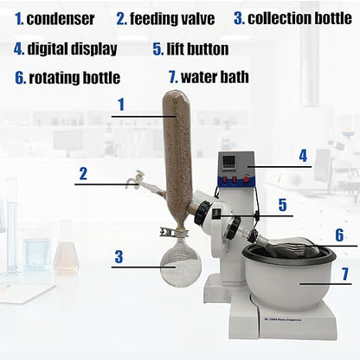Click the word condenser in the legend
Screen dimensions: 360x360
(60, 17)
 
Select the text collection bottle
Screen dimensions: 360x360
(303, 17)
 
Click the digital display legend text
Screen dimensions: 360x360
(71, 48)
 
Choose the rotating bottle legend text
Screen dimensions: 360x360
(74, 77)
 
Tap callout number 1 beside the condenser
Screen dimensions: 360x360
(121, 105)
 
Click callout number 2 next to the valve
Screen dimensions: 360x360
(83, 173)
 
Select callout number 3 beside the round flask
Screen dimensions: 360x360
(120, 256)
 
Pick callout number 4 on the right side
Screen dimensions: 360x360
(303, 155)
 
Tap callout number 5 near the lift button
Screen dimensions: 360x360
(282, 205)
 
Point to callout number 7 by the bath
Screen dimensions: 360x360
(344, 275)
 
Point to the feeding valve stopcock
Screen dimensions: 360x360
(132, 182)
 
